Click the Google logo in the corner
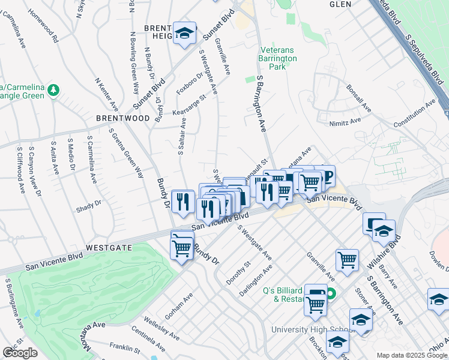coord(20,353)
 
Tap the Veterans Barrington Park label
coord(278,59)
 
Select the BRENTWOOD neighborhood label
coord(123,119)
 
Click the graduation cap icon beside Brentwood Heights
coord(185,33)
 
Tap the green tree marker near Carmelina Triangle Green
coord(55,90)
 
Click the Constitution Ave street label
coord(414,114)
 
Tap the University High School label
coord(309,329)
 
